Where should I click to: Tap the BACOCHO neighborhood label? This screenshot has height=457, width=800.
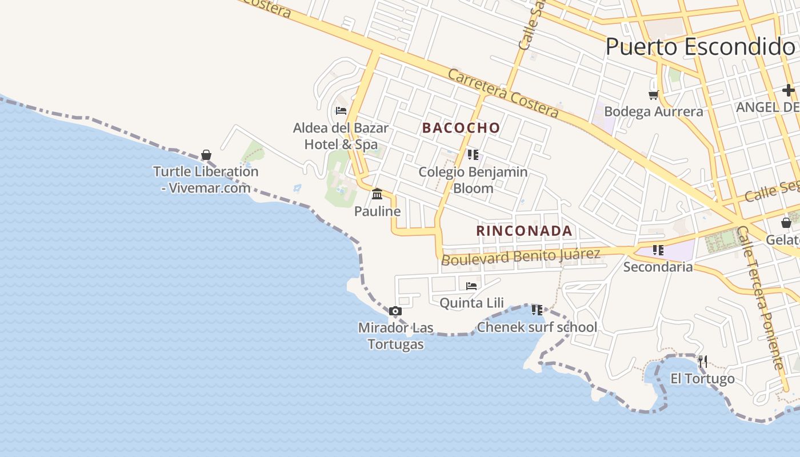[x=461, y=128]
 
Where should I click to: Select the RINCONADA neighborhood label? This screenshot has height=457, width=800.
[x=524, y=231]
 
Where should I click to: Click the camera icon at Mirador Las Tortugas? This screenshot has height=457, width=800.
[x=395, y=311]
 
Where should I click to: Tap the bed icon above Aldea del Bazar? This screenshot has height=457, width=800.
[x=341, y=110]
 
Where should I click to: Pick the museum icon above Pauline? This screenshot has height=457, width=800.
[x=377, y=194]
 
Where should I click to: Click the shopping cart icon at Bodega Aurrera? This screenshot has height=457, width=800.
[x=653, y=94]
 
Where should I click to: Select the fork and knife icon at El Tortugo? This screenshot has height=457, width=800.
[x=703, y=361]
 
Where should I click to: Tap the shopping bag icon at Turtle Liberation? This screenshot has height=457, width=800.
[x=206, y=155]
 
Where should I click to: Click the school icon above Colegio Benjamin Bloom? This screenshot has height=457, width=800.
[x=473, y=154]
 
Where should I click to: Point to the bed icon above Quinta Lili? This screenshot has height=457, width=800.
[x=471, y=286]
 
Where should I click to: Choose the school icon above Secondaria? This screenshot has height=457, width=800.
[x=658, y=250]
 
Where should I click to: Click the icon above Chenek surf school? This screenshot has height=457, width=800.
[x=537, y=310]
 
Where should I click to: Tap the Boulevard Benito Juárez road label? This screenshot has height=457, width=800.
[x=521, y=256]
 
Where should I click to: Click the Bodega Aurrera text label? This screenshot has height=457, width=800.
[x=653, y=111]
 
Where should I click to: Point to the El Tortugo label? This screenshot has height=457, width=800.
[x=702, y=378]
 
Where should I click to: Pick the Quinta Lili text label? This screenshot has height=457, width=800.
[x=471, y=303]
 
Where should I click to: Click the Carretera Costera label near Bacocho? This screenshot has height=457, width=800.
[x=503, y=93]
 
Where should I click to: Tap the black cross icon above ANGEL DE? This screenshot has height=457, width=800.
[x=789, y=90]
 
